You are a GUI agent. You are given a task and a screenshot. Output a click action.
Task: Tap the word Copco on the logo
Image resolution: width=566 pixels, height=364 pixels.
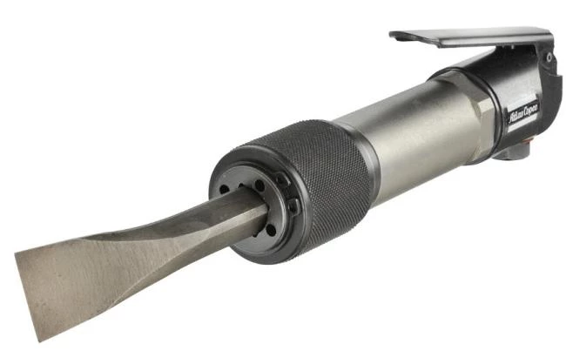531,109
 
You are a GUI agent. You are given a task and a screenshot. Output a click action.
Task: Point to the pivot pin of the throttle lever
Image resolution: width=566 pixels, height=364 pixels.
549,57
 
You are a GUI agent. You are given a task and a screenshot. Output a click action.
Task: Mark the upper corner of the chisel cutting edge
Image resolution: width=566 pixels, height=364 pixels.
16,253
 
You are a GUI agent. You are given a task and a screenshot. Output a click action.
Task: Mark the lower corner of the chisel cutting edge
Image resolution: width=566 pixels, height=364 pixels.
40,340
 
